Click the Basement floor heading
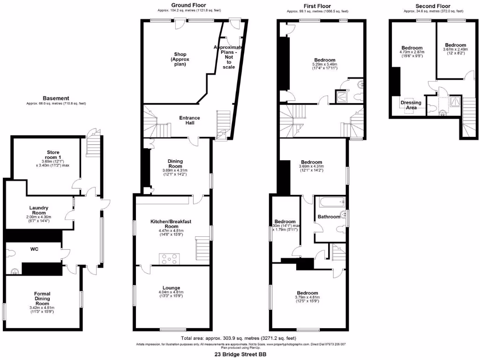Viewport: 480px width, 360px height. [x=56, y=98]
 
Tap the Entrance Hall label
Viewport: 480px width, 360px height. [x=190, y=120]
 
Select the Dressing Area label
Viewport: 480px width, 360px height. [x=411, y=105]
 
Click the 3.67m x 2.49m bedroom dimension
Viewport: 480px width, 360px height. [x=455, y=49]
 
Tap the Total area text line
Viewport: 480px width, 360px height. [x=238, y=338]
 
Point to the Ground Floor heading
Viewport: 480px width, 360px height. [x=189, y=5]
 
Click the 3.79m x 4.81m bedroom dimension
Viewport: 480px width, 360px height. [x=307, y=297]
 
